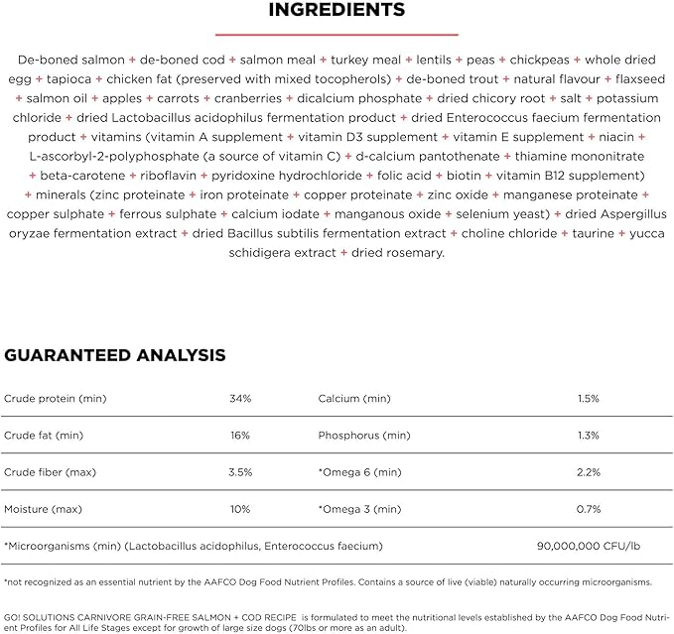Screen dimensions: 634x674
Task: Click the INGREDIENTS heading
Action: pyautogui.click(x=337, y=11)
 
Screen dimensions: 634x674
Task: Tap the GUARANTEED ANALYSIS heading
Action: pyautogui.click(x=115, y=355)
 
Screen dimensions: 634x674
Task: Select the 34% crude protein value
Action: pyautogui.click(x=240, y=399)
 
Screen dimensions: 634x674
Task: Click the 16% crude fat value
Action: pyautogui.click(x=240, y=436)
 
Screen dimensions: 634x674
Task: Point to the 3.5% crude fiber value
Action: pyautogui.click(x=240, y=472)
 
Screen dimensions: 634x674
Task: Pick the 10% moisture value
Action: pyautogui.click(x=240, y=509)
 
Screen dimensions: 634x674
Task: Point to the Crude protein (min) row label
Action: pyautogui.click(x=55, y=399)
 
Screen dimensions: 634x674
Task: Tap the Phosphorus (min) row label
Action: pyautogui.click(x=363, y=436)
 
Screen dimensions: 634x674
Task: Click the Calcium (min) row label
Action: pyautogui.click(x=354, y=399)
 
